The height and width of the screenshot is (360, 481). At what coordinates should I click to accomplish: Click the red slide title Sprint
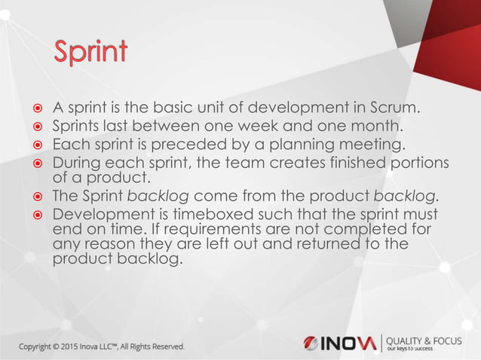point(90,52)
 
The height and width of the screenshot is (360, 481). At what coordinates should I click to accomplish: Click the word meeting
point(372,144)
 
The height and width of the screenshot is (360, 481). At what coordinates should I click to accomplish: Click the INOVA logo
point(339,343)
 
